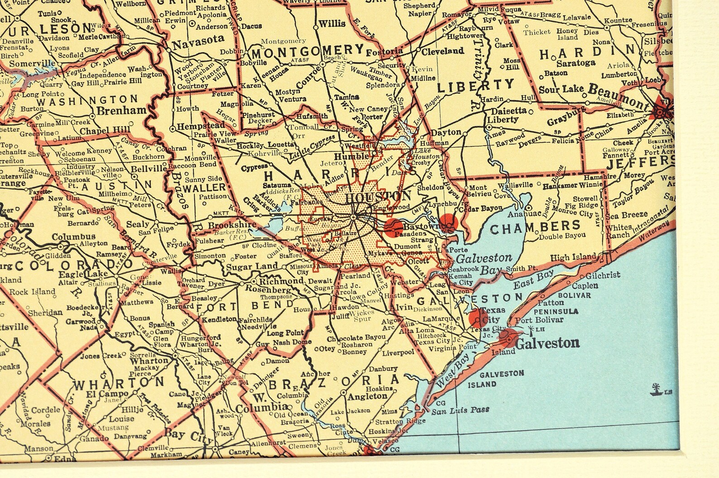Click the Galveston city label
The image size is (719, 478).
pos(547,343)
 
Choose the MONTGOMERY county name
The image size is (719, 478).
pos(308,51)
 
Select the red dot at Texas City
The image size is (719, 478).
pos(477,318)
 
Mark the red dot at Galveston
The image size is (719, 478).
pos(508,338)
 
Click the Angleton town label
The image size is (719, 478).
pos(367,396)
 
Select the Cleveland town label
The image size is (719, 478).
pos(442,52)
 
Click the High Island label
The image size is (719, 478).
pos(573,257)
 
